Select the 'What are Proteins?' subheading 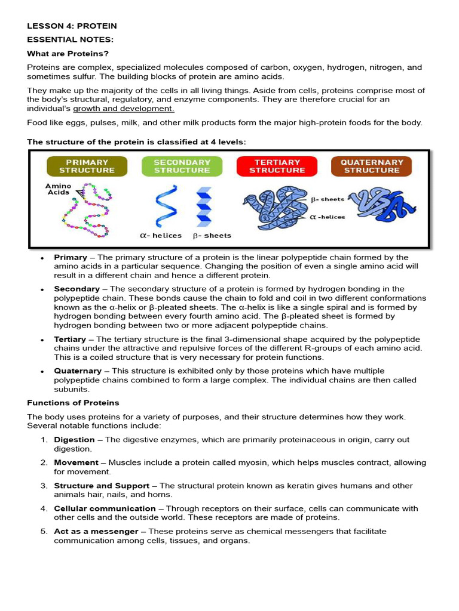(68, 54)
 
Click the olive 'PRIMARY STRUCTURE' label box (87, 166)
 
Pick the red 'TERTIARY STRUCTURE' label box (277, 166)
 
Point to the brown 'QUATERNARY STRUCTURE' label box (371, 166)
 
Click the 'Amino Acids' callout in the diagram (58, 189)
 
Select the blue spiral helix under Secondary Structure (162, 206)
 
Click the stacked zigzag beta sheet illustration (204, 206)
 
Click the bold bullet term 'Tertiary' (70, 339)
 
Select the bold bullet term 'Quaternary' (77, 371)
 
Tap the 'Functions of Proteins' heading (73, 403)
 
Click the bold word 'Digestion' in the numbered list (74, 440)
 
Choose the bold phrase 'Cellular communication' (105, 508)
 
